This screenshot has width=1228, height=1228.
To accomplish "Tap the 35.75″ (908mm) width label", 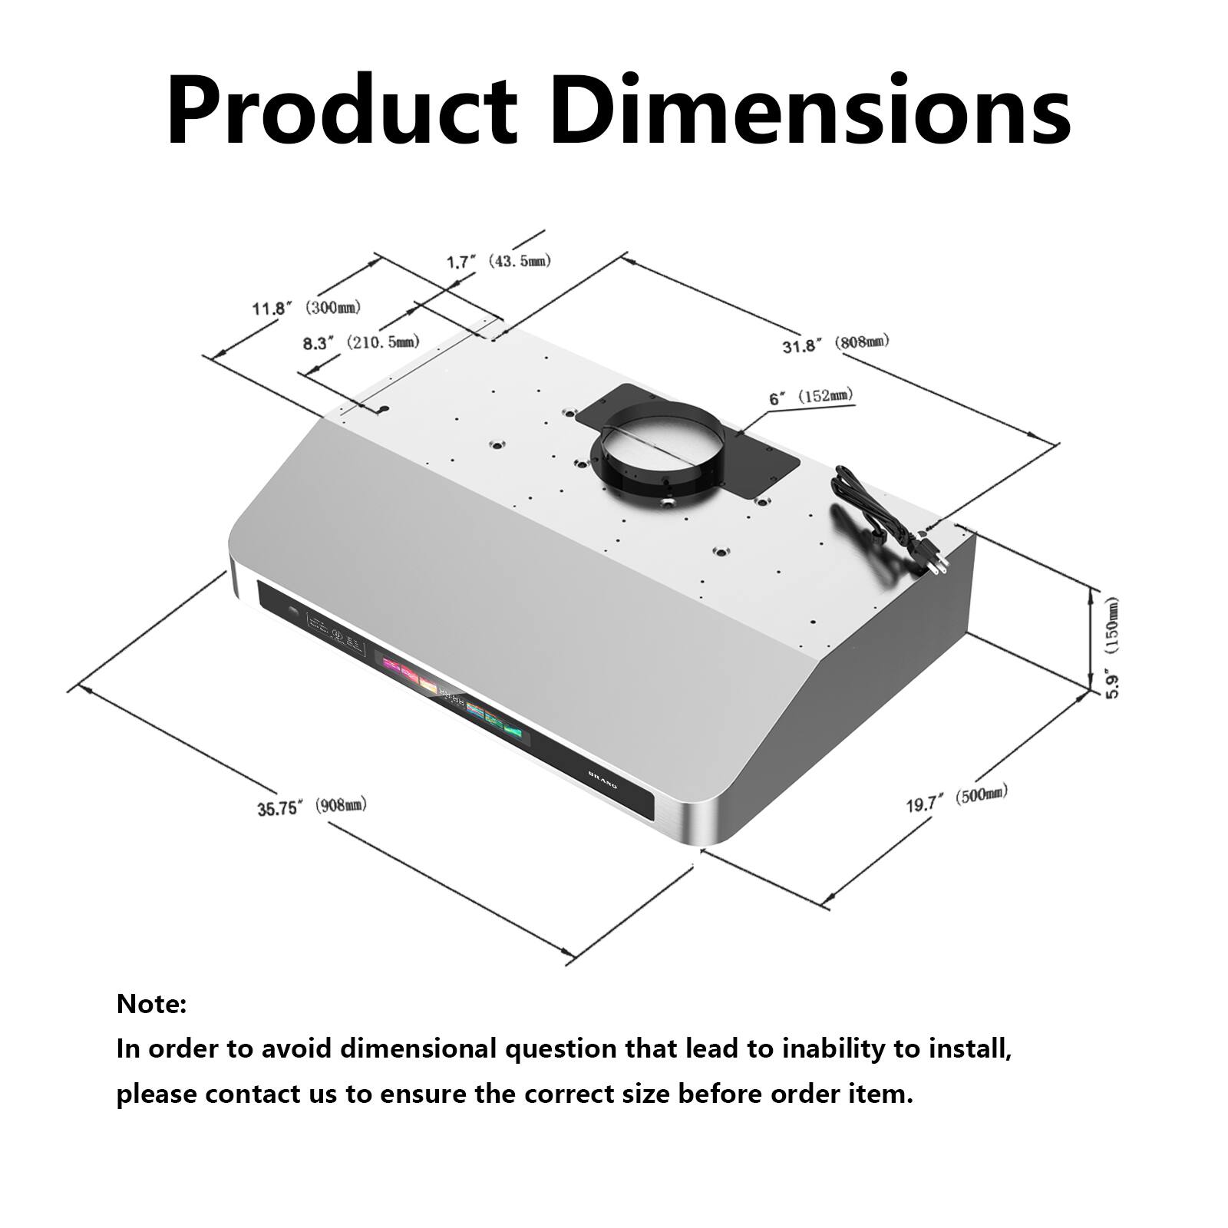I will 312,807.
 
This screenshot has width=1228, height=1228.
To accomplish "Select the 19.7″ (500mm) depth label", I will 956,798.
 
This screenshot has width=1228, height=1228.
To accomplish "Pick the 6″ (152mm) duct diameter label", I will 810,397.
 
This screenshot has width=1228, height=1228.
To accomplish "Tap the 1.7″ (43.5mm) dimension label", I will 498,262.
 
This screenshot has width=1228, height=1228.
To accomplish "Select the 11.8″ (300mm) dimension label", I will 306,308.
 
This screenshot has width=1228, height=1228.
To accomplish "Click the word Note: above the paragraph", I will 151,1004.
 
